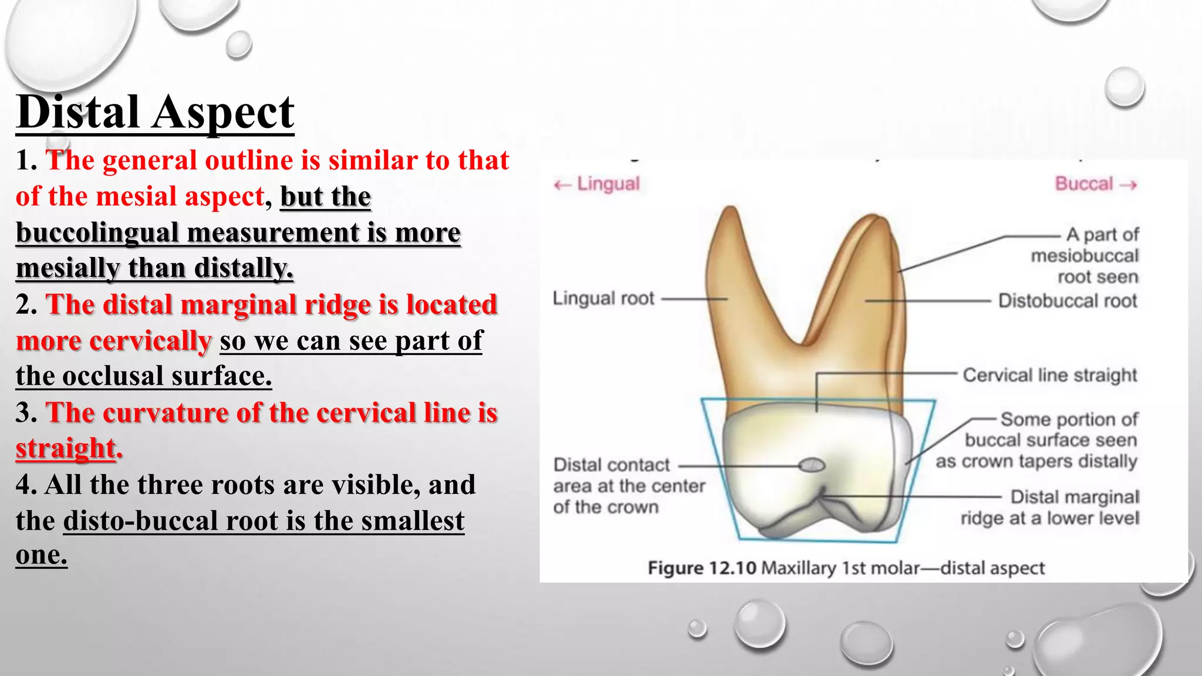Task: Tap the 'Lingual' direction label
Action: tap(608, 184)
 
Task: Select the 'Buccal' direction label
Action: tap(1084, 184)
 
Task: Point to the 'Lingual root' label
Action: tap(603, 299)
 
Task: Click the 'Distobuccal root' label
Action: tap(1068, 301)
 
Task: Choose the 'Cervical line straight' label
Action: tap(1050, 375)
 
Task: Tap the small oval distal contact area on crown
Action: tap(812, 466)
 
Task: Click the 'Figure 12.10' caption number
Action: tap(702, 568)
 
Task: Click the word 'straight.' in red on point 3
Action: tap(69, 449)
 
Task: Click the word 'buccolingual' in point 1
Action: tap(97, 232)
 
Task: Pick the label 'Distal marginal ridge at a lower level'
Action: tap(1050, 508)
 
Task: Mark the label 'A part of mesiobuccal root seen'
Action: tap(1085, 256)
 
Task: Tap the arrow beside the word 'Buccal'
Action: tap(1128, 185)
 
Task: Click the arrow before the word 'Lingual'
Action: tap(562, 185)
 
